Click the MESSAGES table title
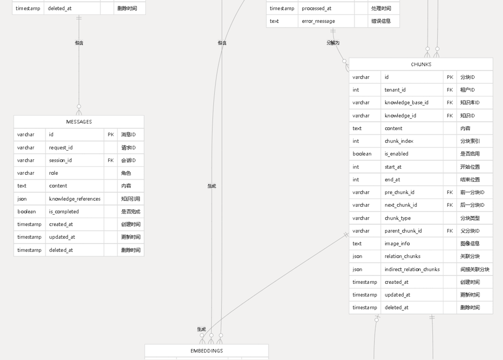tap(79, 122)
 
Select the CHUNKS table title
tap(421, 64)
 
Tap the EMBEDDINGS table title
tap(207, 351)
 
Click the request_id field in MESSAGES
tap(60, 148)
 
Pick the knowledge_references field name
tap(75, 199)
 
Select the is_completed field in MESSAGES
tap(64, 212)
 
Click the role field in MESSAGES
tap(54, 173)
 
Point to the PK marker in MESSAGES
tap(111, 135)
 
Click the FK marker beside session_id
tap(111, 160)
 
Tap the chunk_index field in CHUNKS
tap(399, 141)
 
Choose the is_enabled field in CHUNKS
tap(396, 154)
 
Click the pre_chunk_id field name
tap(399, 192)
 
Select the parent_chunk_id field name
tap(403, 231)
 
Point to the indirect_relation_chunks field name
tap(412, 269)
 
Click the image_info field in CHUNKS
tap(397, 244)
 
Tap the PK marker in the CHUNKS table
tap(450, 77)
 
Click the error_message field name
tap(318, 21)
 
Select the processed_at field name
tap(317, 8)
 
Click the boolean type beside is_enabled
tap(362, 154)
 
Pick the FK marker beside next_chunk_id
tap(450, 205)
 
